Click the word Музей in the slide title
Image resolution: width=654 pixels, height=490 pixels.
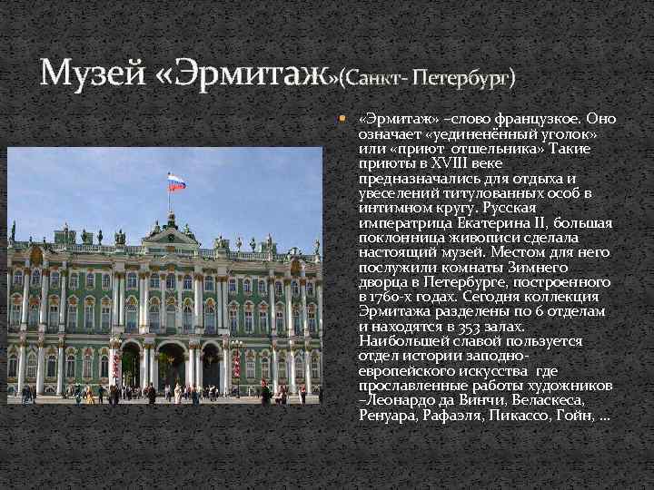click(x=92, y=72)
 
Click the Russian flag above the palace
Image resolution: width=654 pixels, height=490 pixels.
click(x=176, y=181)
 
